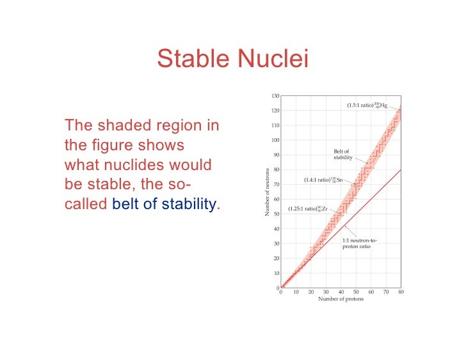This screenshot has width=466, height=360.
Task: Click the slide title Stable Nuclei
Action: coord(232,59)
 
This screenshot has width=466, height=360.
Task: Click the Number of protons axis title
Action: coord(341,299)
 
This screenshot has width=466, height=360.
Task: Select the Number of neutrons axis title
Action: coord(268,192)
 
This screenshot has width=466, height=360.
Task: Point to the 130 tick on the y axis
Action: coord(275,96)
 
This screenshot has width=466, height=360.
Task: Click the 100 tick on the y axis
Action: coord(275,140)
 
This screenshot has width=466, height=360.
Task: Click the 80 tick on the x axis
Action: coord(401,292)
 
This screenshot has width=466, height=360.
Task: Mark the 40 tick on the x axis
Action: coord(341,292)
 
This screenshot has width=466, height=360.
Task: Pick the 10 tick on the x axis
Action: coord(296,292)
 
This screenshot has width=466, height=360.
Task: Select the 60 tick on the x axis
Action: coord(371,292)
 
